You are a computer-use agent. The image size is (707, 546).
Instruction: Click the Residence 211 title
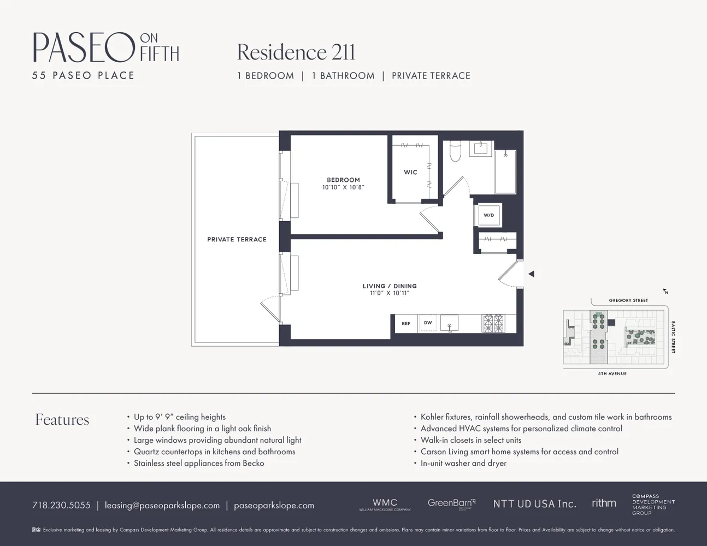pos(296,52)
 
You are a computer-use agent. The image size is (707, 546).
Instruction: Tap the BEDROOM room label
pos(343,180)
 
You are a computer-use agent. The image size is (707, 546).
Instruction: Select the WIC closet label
pos(410,172)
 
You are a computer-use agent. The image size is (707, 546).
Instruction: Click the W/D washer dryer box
pos(488,215)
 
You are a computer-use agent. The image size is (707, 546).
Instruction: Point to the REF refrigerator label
pos(406,323)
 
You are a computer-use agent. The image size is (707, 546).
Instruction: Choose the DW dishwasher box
pos(428,323)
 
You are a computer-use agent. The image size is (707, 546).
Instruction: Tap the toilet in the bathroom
pos(455,151)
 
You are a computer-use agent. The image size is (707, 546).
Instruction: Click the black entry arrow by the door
pos(531,274)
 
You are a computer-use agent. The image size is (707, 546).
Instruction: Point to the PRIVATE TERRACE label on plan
pos(237,239)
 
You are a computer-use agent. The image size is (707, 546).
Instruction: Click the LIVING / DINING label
pos(389,286)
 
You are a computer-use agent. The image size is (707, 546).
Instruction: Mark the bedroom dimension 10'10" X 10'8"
pos(343,187)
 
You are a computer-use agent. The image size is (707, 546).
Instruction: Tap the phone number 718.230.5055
pos(61,505)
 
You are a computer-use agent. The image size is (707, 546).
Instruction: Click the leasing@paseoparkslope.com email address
pos(162,505)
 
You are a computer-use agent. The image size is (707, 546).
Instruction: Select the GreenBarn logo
pos(451,503)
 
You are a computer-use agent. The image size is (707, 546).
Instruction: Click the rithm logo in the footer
pos(604,503)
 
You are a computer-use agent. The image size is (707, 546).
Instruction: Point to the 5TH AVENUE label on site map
pos(612,373)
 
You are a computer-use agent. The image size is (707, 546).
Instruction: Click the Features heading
pos(62,419)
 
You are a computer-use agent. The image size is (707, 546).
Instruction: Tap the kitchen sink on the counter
pos(449,323)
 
